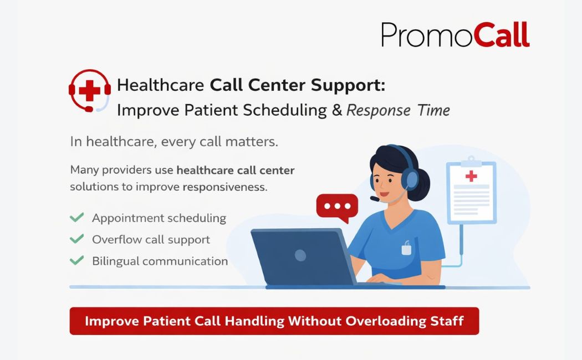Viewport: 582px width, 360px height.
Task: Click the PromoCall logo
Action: (x=455, y=35)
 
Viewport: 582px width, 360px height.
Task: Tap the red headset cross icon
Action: (x=89, y=90)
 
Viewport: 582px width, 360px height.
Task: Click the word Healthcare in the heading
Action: (x=161, y=86)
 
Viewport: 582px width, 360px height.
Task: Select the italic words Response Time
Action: (x=398, y=110)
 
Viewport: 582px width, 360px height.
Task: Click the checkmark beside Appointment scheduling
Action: (x=76, y=217)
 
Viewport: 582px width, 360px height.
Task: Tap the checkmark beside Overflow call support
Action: (x=76, y=239)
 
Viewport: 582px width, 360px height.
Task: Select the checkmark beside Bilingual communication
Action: (x=76, y=260)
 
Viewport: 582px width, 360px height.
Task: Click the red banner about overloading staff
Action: (x=274, y=321)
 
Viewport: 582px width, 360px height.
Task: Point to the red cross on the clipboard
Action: (x=471, y=176)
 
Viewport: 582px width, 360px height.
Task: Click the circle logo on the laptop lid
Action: (x=300, y=255)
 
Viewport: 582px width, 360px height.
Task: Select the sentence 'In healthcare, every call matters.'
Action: (x=174, y=141)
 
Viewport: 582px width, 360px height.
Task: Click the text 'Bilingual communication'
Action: (x=160, y=261)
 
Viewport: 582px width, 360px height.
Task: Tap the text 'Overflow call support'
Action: (x=151, y=240)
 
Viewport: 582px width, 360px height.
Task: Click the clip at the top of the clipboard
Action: (x=471, y=160)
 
